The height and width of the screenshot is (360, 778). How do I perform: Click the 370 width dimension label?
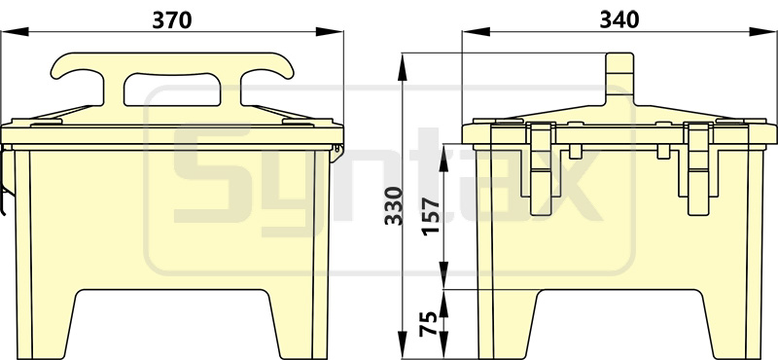(x=172, y=19)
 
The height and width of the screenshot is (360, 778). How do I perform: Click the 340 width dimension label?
(x=619, y=19)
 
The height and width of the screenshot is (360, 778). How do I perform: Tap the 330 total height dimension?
(x=395, y=205)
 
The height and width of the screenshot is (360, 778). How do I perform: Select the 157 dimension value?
(x=430, y=217)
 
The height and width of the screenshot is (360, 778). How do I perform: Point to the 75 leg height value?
(x=430, y=324)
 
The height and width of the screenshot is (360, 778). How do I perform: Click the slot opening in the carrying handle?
(x=172, y=90)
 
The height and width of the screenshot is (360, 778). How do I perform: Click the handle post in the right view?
(x=619, y=79)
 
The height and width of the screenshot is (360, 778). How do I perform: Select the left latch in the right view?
(x=540, y=169)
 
